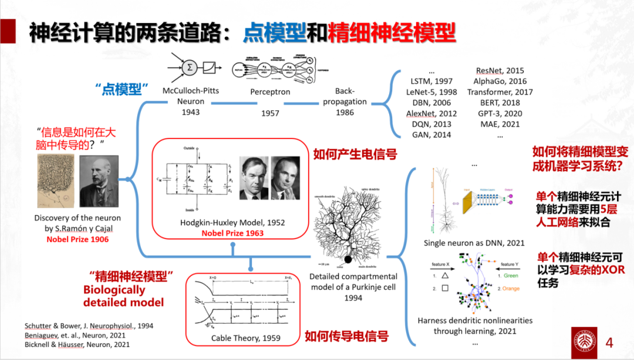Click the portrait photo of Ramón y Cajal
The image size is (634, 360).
tap(99, 181)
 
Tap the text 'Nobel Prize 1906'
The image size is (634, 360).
tap(78, 239)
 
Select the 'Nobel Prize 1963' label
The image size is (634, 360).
tap(232, 233)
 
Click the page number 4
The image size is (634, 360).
tap(609, 342)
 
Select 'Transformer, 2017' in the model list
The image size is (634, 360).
tap(500, 92)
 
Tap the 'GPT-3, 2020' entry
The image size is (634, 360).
tap(500, 113)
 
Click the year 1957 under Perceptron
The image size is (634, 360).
tap(270, 113)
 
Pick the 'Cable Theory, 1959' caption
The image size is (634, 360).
tap(246, 338)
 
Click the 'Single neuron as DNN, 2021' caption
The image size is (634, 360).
tap(474, 243)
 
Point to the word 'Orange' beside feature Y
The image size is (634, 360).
tap(511, 288)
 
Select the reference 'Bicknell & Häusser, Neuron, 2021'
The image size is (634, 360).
tap(77, 344)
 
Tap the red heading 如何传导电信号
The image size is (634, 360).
tap(346, 337)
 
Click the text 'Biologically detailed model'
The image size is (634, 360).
tap(123, 296)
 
